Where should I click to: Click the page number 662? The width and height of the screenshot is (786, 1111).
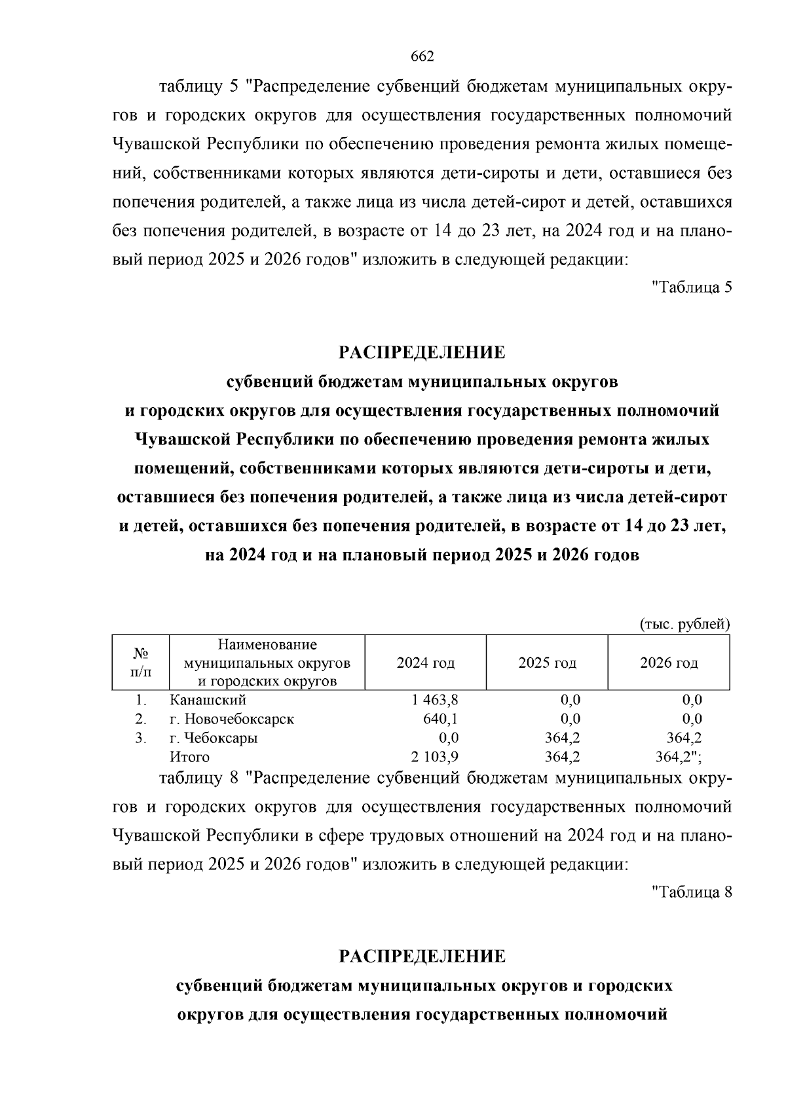point(422,57)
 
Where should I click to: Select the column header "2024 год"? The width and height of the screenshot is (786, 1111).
point(426,663)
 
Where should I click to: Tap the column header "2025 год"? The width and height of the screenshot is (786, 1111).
point(547,663)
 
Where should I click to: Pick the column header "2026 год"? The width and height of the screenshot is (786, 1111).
point(669,663)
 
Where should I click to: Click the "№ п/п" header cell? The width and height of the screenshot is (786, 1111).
point(140,663)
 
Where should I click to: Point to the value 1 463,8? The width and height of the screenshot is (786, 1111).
point(436,700)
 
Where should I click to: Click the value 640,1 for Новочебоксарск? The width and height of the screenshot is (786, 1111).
point(441,719)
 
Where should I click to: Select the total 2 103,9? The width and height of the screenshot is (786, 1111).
point(436,757)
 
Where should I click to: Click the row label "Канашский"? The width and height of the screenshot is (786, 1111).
point(208,700)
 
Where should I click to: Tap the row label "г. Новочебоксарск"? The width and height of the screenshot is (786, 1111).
point(232,719)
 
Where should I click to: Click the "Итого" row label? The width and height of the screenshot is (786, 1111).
point(189,757)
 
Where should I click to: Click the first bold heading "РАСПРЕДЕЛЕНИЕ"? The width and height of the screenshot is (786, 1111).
point(422,353)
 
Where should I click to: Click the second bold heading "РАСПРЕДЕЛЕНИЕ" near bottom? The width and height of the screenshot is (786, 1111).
point(422,957)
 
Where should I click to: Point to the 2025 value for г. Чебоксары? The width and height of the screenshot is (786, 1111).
point(563,738)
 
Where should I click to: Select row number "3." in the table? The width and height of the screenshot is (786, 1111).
point(140,738)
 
